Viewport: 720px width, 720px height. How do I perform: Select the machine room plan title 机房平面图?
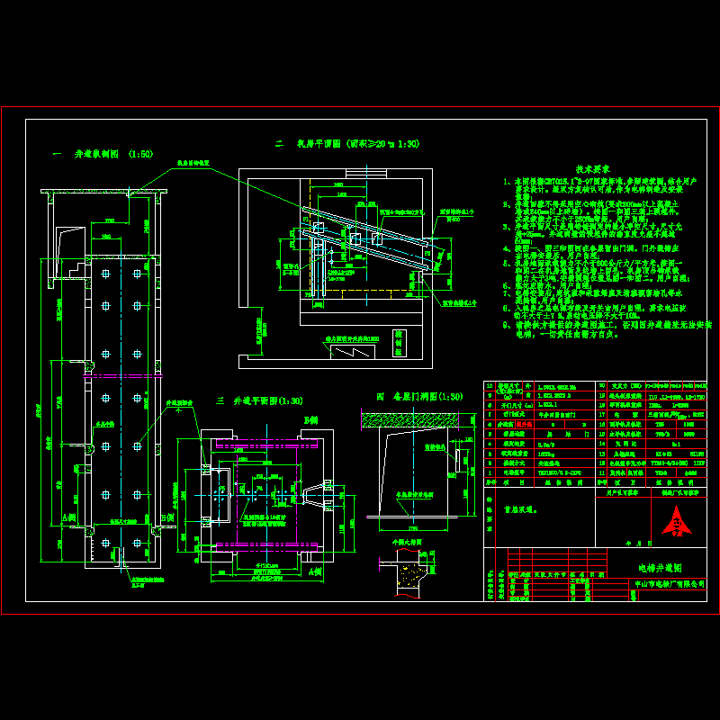point(347,143)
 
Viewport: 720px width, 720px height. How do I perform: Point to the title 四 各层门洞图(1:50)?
point(419,396)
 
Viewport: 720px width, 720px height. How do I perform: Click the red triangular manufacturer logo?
point(676,520)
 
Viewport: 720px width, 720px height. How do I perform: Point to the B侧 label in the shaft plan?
point(311,420)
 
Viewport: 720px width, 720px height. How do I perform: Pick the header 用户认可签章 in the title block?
point(621,492)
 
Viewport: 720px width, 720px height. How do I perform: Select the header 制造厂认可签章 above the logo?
point(679,492)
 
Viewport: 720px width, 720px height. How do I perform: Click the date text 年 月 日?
point(630,543)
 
